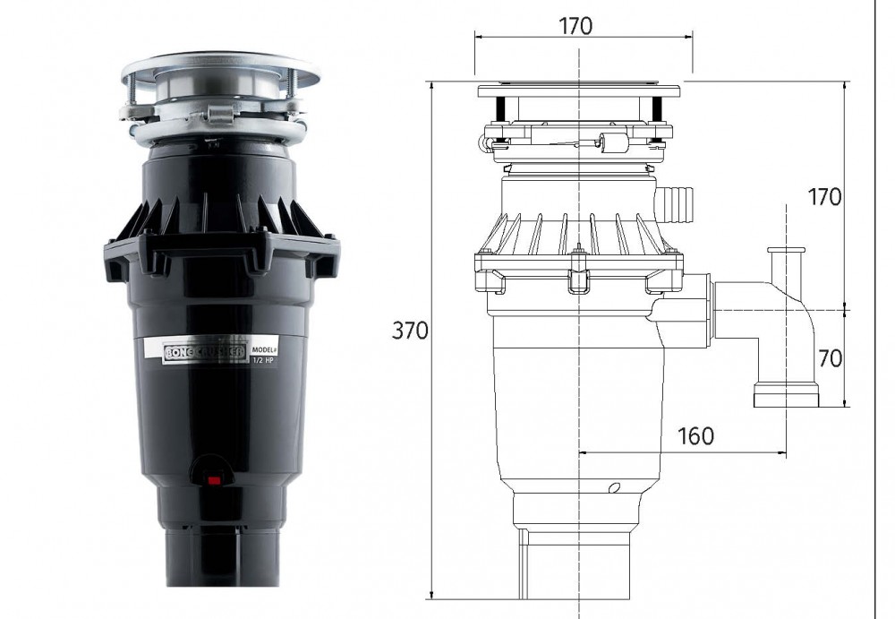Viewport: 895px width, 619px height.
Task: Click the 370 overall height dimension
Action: click(411, 331)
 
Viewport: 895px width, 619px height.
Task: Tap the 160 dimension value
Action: click(695, 436)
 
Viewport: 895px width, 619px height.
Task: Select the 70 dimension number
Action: click(830, 358)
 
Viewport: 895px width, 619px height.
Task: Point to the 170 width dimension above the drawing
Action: click(576, 25)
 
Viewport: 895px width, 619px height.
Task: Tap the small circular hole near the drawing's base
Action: click(613, 488)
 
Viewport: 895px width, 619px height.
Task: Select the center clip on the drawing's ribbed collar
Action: click(578, 269)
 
